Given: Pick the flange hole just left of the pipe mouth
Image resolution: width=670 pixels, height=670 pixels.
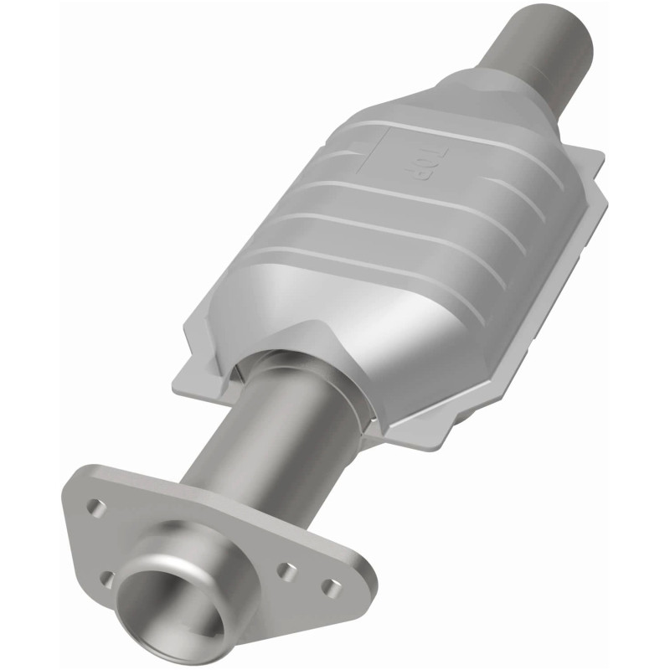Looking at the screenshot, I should click(106, 577).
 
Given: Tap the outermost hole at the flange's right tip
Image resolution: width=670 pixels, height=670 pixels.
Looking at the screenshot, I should click(332, 586).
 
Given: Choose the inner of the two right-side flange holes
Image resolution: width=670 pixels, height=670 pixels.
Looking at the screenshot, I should click(287, 571).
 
